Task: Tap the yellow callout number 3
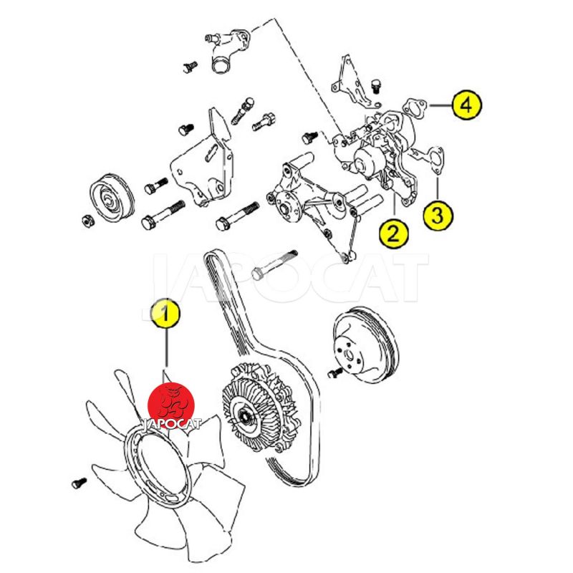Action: (x=438, y=215)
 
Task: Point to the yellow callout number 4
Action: (x=466, y=106)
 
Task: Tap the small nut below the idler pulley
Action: (x=85, y=219)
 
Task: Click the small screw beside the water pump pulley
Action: (x=332, y=374)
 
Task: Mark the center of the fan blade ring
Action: (x=158, y=458)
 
